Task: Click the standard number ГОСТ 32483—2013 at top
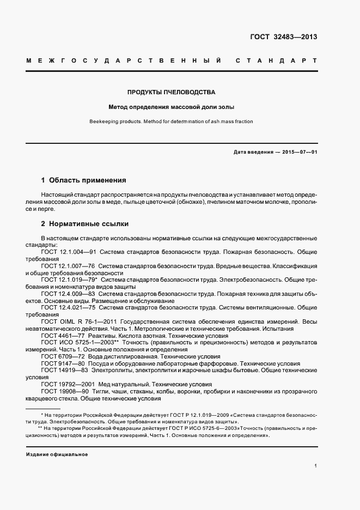(x=283, y=37)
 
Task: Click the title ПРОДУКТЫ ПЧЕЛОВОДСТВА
(x=172, y=92)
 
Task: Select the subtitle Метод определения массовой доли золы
(x=172, y=107)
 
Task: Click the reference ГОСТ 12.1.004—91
(x=69, y=252)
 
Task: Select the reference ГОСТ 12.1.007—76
(x=69, y=265)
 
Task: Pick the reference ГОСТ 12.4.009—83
(x=69, y=294)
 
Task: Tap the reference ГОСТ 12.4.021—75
(x=69, y=307)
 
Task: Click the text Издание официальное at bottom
(x=57, y=454)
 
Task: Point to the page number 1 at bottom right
(x=316, y=466)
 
